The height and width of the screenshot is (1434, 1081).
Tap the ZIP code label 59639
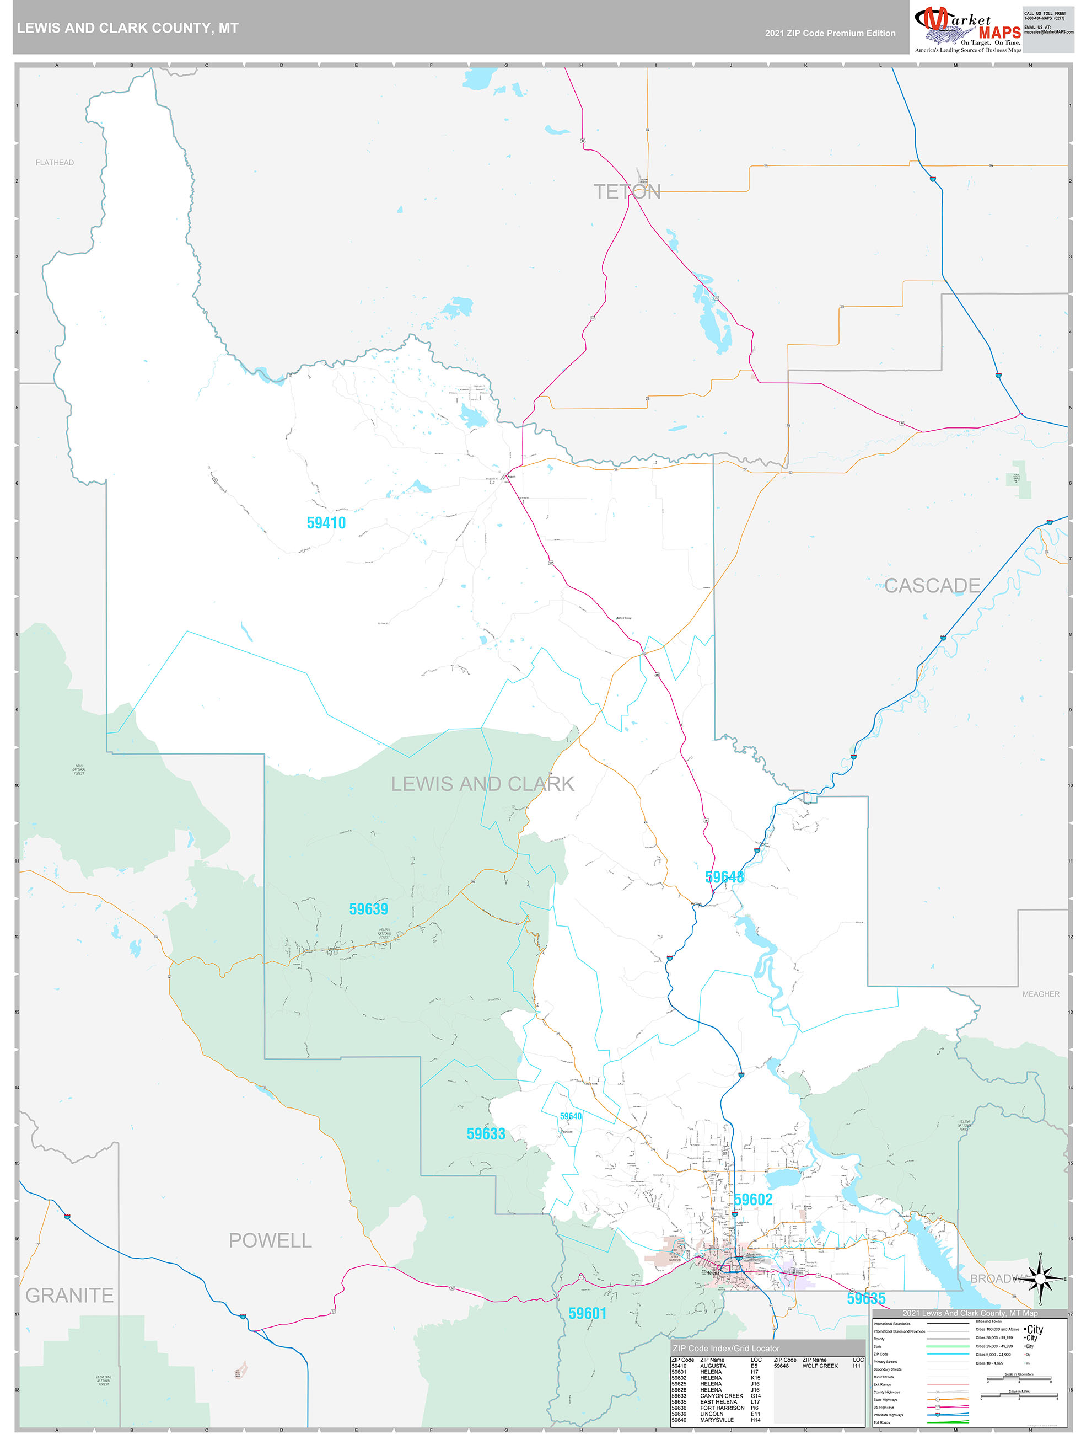(x=368, y=909)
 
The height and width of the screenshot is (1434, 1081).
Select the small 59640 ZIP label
(x=571, y=1116)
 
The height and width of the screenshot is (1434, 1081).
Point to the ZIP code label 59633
(x=486, y=1134)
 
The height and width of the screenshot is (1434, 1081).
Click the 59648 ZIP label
(x=724, y=877)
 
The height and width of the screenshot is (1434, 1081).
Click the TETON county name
(x=627, y=192)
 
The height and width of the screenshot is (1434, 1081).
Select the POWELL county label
(x=270, y=1241)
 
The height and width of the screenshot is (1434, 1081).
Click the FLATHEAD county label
(x=55, y=163)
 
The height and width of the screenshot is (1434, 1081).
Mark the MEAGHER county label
(x=1040, y=994)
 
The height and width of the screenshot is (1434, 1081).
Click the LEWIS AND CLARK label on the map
(x=482, y=784)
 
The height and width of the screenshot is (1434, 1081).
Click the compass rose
(x=1040, y=1278)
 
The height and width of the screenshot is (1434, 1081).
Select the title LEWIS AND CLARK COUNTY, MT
(x=128, y=28)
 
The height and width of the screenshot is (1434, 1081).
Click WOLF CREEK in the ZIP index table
(x=819, y=1366)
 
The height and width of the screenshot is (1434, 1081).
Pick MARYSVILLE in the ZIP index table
(x=716, y=1420)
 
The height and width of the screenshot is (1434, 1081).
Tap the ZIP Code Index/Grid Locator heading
(x=725, y=1348)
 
